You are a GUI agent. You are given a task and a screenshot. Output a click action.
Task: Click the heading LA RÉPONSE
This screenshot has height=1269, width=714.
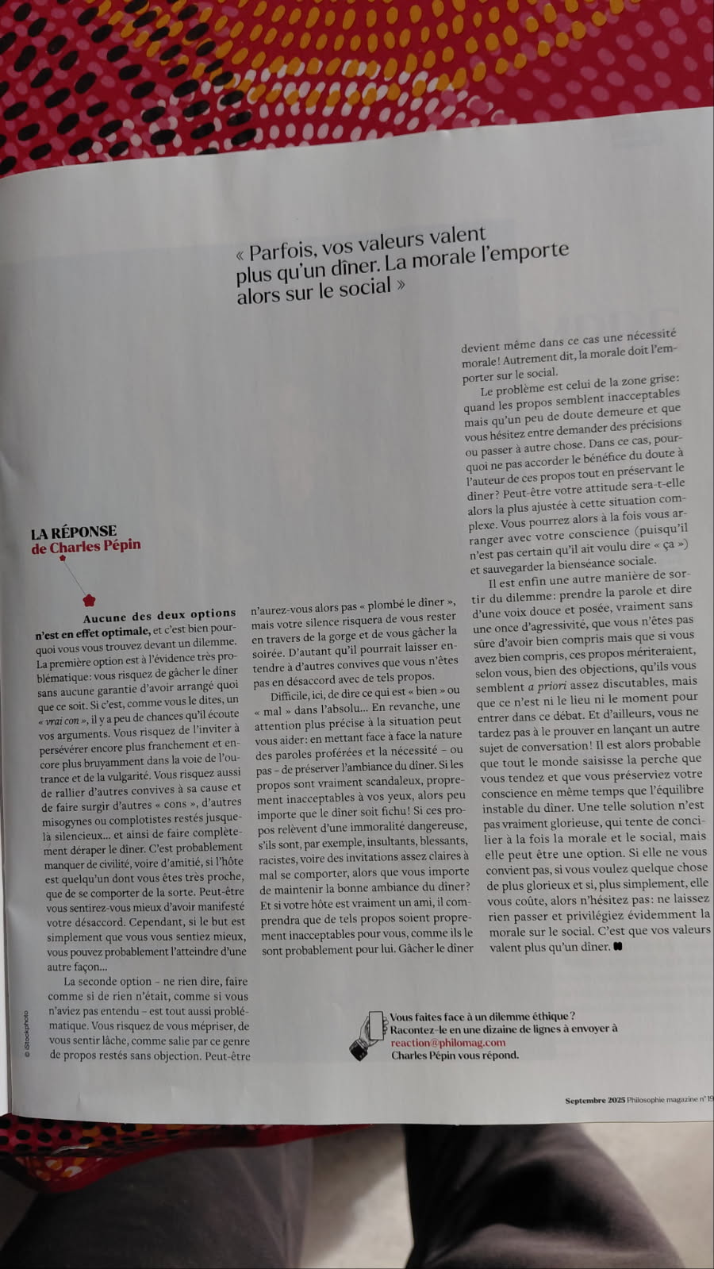(x=74, y=532)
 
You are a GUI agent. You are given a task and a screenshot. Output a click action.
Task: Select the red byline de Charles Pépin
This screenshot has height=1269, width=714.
(x=86, y=547)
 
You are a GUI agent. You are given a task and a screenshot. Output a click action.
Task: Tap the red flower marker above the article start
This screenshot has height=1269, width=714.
(x=89, y=599)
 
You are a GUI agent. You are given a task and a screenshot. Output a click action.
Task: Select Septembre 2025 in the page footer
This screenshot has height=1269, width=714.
(x=595, y=1100)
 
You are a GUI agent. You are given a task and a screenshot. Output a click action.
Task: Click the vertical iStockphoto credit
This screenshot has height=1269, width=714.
(x=26, y=1033)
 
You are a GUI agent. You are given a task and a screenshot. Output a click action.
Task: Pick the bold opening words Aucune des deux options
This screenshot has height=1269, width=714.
(x=159, y=614)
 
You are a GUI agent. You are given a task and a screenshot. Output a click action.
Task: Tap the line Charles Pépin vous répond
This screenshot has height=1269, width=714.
(x=455, y=1056)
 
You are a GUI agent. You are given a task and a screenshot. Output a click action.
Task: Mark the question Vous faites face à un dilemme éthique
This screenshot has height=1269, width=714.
(x=482, y=1016)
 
